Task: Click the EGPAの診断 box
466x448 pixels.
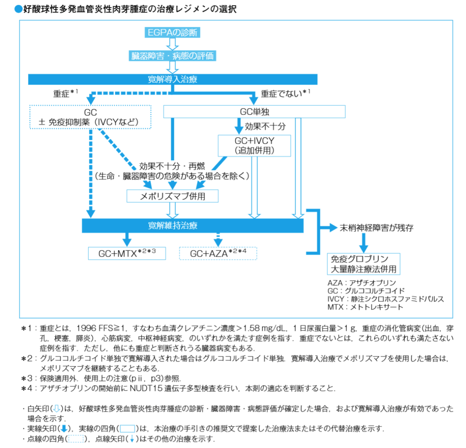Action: coord(172,33)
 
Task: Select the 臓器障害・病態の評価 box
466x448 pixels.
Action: coord(172,56)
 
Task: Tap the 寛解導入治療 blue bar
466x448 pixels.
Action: coord(172,79)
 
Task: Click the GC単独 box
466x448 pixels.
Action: coord(254,112)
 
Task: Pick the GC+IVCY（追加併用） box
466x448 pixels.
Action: coord(254,146)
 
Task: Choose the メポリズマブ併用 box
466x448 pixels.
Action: coord(172,196)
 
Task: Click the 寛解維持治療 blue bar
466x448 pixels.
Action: coord(192,226)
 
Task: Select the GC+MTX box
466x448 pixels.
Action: coord(127,253)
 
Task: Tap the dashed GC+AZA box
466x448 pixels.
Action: coord(218,253)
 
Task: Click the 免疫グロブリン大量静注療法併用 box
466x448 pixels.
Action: coord(363,264)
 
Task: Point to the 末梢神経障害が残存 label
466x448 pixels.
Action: coord(376,228)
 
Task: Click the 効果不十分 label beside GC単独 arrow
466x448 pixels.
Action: coord(265,126)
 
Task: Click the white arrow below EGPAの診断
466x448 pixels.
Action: coord(172,44)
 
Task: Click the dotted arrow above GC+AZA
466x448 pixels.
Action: coord(218,240)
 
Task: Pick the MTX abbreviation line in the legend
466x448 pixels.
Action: coord(365,307)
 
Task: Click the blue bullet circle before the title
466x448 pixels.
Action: coord(18,9)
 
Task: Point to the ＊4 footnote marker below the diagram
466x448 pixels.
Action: coord(27,388)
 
